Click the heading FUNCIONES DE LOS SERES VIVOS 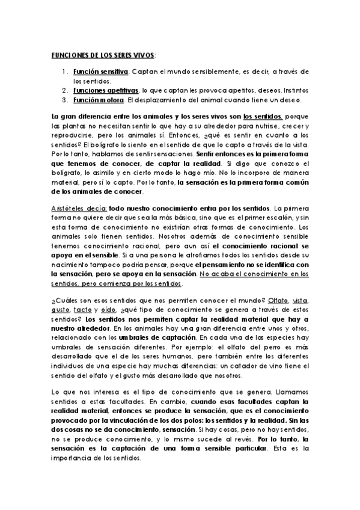[x=103, y=55]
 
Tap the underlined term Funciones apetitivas [x=106, y=90]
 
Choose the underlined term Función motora [x=99, y=99]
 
